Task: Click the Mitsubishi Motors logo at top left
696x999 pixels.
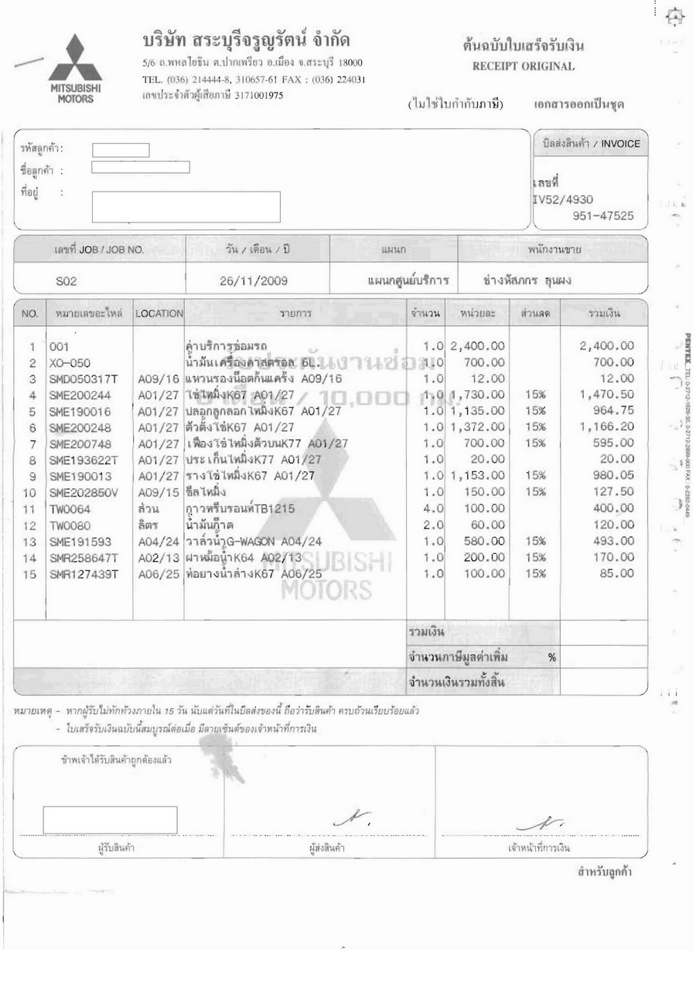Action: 75,67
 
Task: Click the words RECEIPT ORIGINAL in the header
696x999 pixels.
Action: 524,66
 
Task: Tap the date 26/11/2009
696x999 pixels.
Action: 254,281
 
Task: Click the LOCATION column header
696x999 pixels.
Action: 159,314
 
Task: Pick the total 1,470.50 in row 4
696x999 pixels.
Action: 607,395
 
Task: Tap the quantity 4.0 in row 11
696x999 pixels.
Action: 432,508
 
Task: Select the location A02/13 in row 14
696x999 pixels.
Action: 159,556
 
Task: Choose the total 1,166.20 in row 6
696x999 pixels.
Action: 607,427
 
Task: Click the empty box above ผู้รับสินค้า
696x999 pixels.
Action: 110,819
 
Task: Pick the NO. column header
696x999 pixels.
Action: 29,314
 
